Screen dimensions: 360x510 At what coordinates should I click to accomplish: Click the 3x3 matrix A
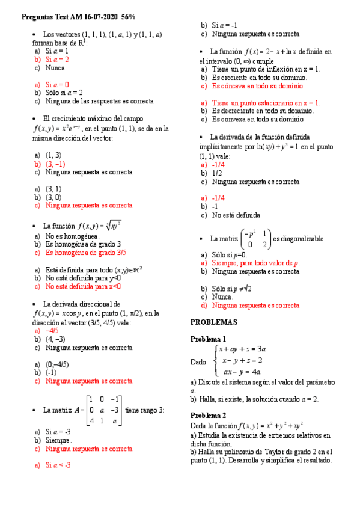coord(104,410)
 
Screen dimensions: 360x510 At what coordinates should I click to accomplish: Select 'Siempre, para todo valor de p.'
coord(256,263)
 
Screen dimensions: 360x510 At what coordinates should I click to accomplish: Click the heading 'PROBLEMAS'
coord(214,322)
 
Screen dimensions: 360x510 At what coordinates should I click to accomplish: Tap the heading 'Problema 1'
coord(208,339)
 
